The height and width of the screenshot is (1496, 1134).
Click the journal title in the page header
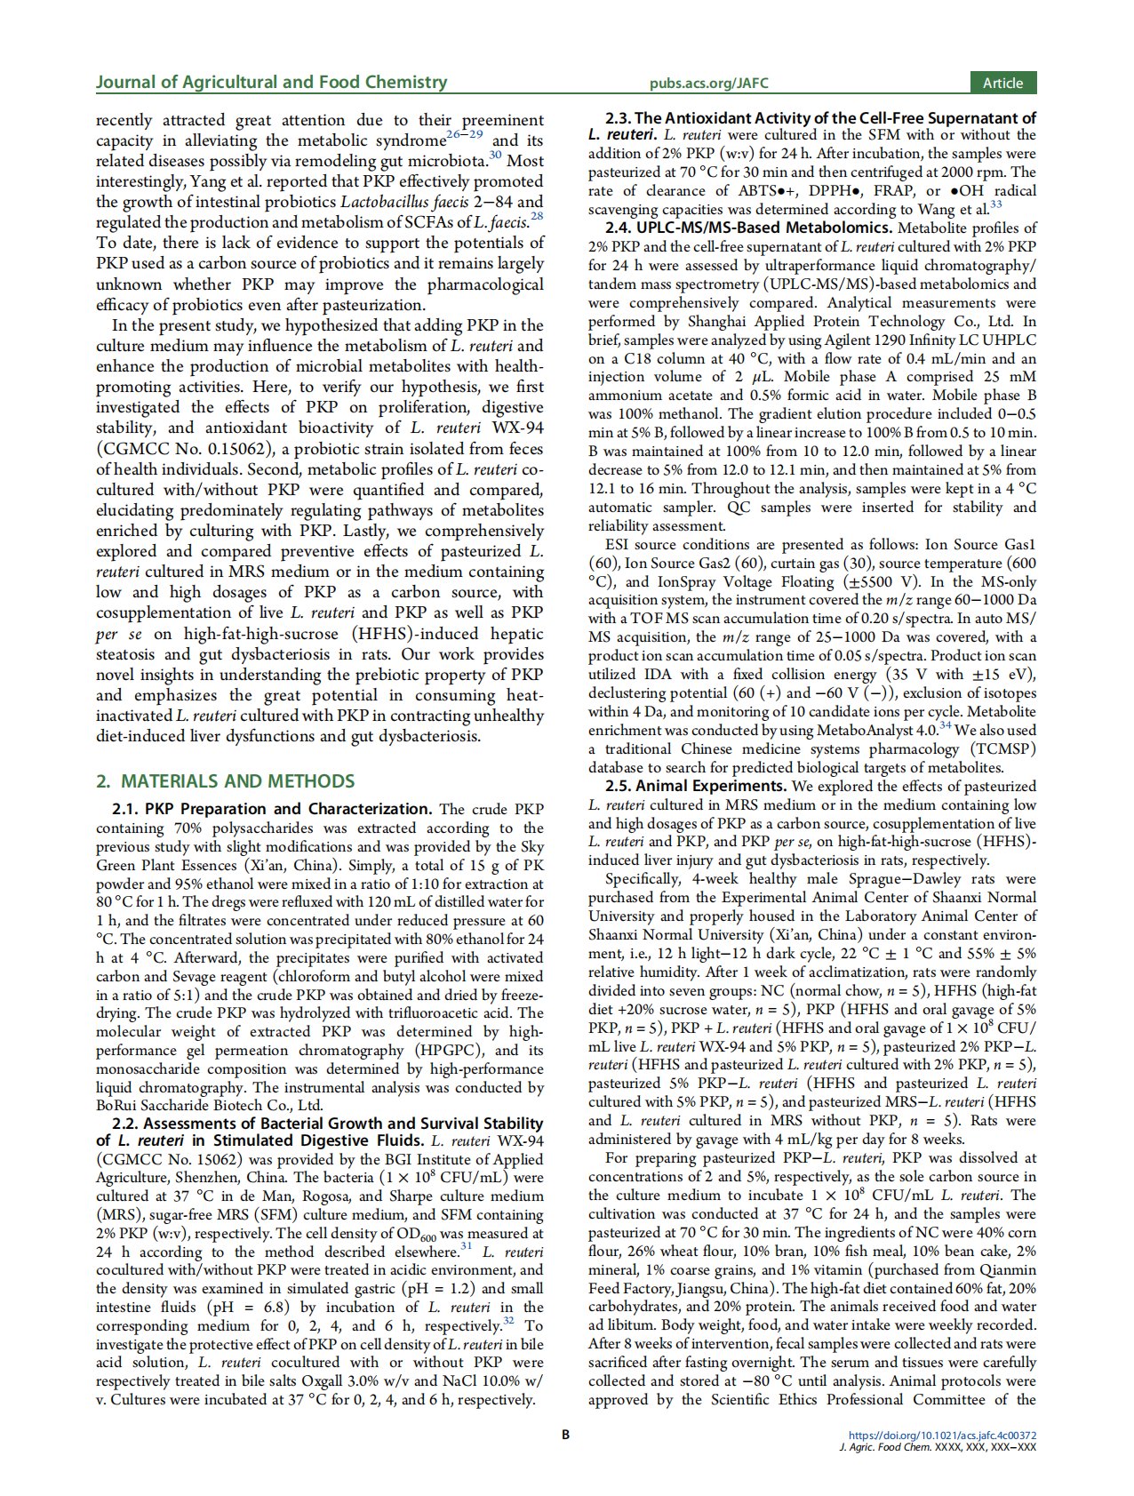click(271, 83)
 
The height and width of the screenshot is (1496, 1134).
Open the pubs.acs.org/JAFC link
click(708, 84)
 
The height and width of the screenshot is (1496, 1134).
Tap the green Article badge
click(1002, 83)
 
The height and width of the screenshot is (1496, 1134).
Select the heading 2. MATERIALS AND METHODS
click(225, 781)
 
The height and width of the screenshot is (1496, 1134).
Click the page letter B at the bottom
click(565, 1434)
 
